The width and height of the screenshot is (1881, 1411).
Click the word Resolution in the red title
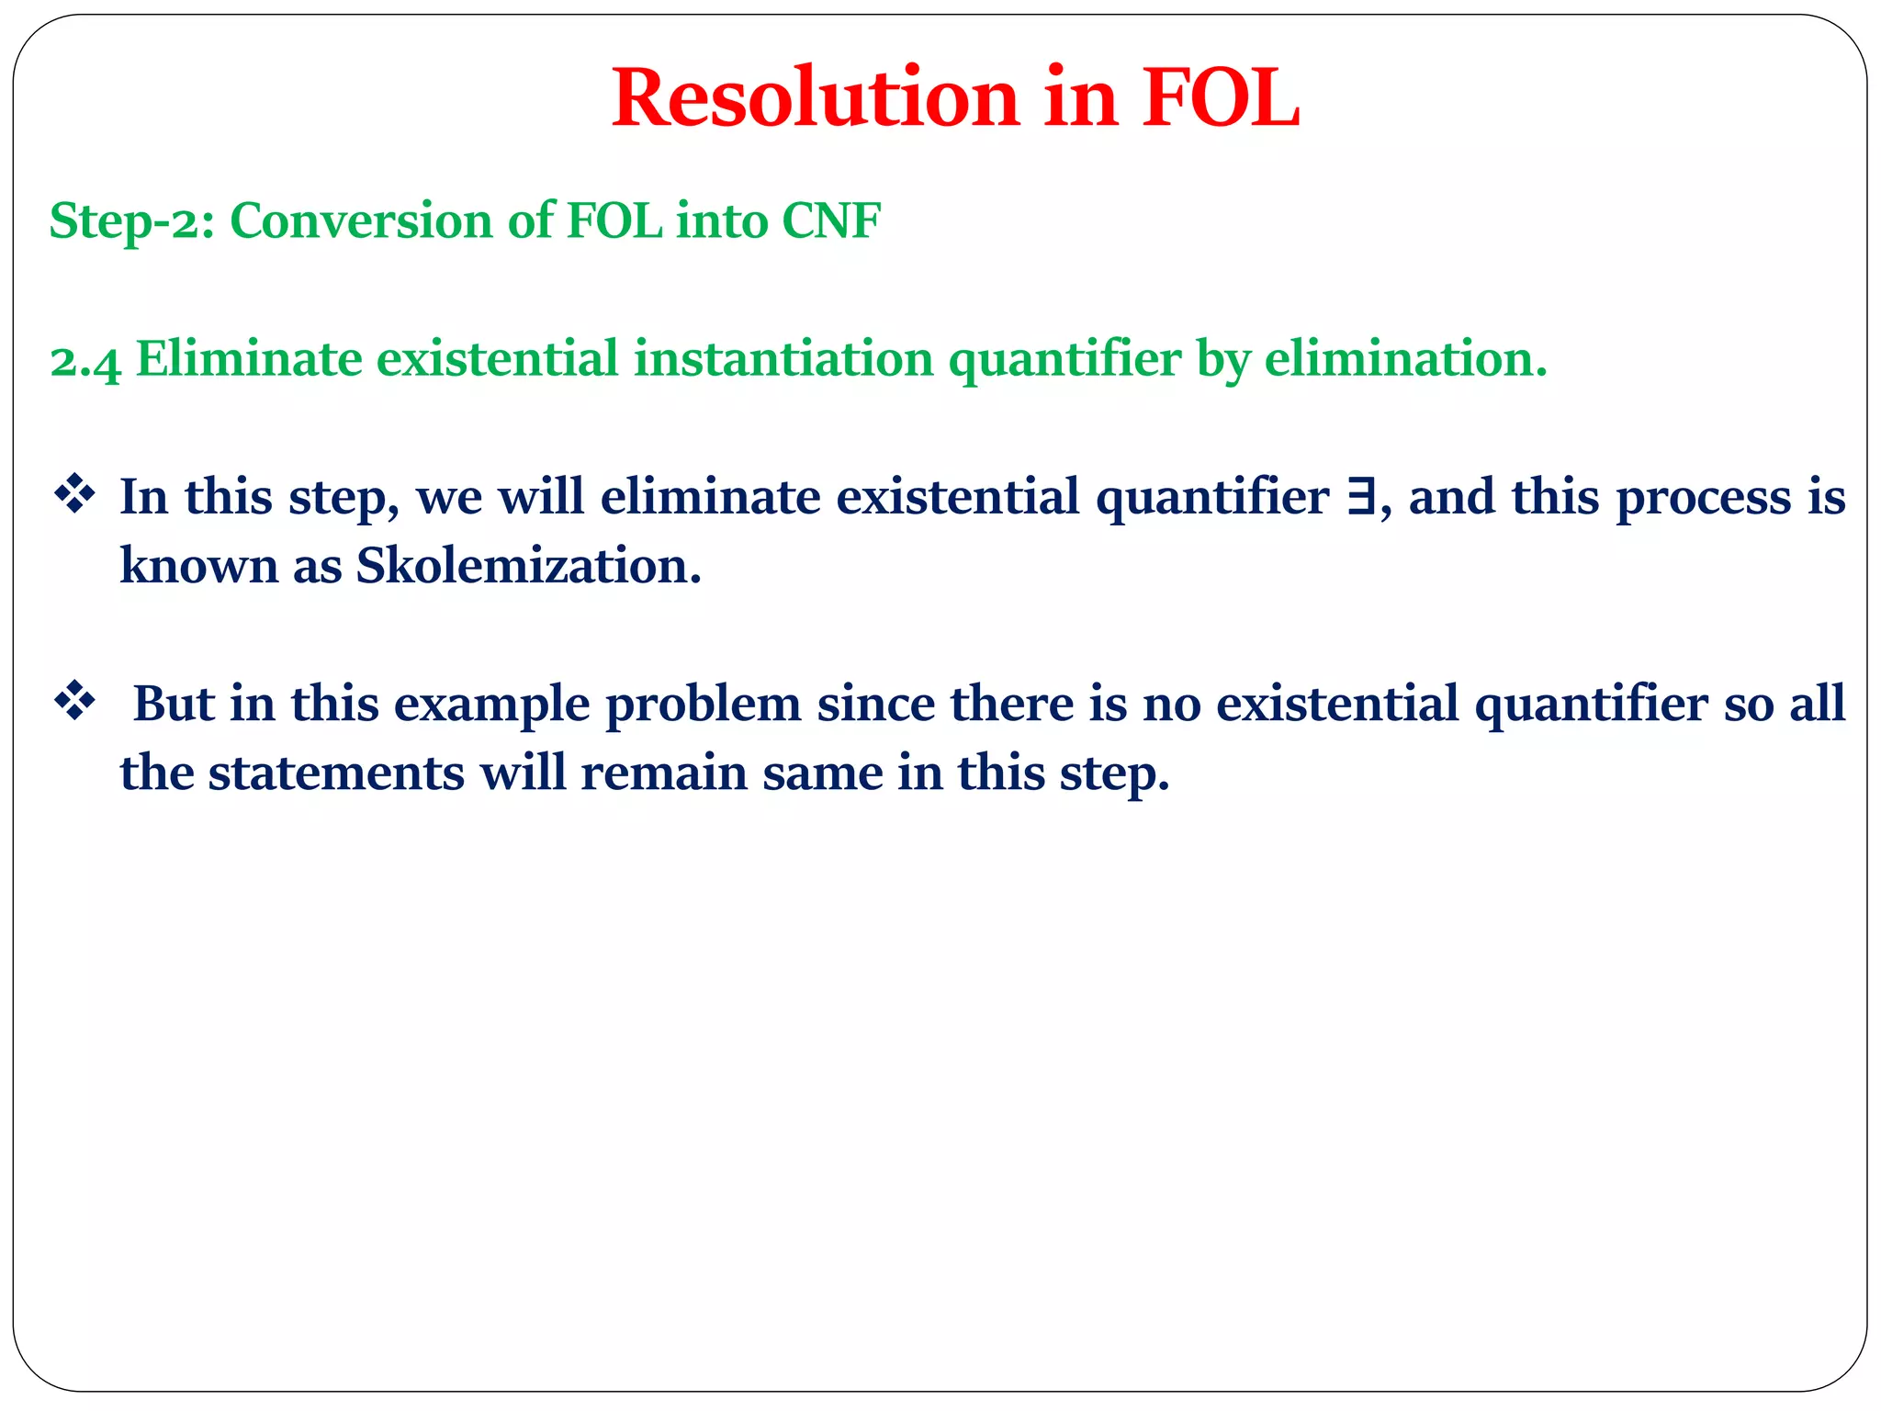coord(816,99)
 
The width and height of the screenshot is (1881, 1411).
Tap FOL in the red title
coord(1221,99)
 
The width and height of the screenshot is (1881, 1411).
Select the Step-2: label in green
coord(131,221)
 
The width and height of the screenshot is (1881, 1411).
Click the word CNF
coord(831,221)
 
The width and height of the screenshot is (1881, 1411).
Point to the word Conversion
coord(361,221)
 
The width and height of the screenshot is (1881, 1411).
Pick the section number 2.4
coord(85,360)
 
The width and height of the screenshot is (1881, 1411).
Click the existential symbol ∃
coord(1361,497)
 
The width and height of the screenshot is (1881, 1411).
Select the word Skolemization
coord(528,566)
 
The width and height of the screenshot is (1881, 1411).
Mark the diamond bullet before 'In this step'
coord(75,496)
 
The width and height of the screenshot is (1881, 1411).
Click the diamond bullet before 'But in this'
coord(75,703)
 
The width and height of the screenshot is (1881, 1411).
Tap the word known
coord(198,566)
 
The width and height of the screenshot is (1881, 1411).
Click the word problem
coord(703,705)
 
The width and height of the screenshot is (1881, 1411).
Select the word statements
coord(336,773)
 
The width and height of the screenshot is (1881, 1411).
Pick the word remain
coord(663,773)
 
